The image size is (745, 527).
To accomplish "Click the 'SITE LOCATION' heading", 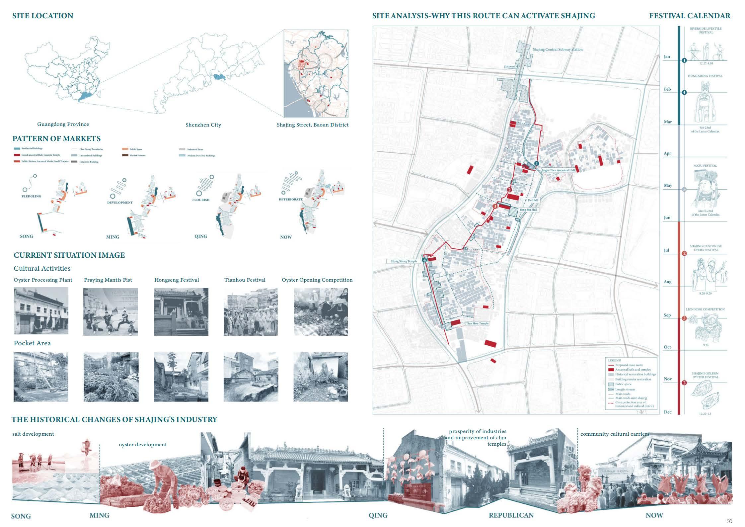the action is point(42,16).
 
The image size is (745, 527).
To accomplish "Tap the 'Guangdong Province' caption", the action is point(63,124).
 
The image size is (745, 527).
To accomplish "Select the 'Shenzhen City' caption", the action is point(203,125).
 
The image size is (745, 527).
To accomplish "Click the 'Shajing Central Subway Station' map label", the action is point(558,49).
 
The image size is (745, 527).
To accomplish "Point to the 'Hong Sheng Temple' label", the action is point(404,261).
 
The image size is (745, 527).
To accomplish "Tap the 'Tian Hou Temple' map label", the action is point(477,323).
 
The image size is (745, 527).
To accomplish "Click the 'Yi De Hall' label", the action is point(531,200).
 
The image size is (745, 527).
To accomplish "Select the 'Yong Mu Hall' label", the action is point(528,210).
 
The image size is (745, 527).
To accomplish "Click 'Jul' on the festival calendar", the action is point(666,250).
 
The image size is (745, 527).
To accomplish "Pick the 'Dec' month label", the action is point(668,412).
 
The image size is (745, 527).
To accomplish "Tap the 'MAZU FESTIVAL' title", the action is point(705,166).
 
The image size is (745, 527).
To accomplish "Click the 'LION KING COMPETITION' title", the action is point(705,309).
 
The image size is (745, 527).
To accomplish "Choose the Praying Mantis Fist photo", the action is point(111,311).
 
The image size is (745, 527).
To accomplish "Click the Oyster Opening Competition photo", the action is point(321,311).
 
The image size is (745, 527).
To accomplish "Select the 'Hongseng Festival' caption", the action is point(177,280).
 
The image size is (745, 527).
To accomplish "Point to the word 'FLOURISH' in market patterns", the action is point(201,200).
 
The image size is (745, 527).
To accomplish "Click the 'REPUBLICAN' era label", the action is point(511,515).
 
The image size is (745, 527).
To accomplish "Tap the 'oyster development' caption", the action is point(143,445).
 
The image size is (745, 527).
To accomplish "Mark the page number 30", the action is point(729,521).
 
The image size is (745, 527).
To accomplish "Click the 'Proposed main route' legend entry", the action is point(629,365).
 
